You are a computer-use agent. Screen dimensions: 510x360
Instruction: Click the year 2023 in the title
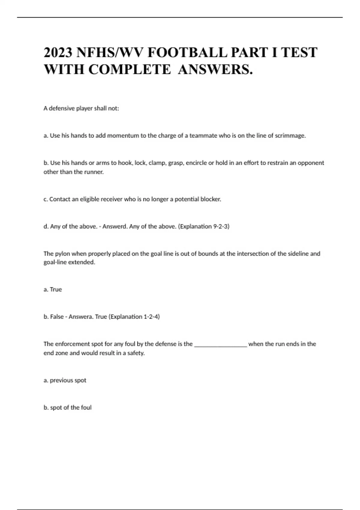[58, 52]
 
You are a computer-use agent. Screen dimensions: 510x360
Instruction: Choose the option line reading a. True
[53, 289]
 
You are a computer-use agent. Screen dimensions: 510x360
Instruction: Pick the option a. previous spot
[65, 380]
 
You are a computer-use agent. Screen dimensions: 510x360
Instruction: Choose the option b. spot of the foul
[67, 408]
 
